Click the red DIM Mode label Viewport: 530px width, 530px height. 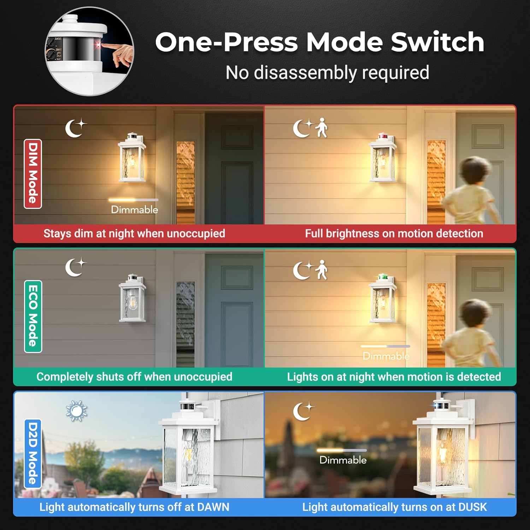click(x=33, y=173)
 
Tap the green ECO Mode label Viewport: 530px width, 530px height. click(x=33, y=316)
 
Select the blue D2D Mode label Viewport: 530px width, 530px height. click(x=33, y=453)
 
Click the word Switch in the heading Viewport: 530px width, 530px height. click(x=437, y=42)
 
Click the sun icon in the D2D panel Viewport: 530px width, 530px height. click(x=77, y=411)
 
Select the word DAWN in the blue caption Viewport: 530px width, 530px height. click(x=213, y=507)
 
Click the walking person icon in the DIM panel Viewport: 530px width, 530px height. click(x=322, y=128)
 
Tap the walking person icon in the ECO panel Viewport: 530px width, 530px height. click(x=322, y=270)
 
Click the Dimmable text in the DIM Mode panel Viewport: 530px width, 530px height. click(x=135, y=210)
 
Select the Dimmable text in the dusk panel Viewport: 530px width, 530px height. click(x=343, y=460)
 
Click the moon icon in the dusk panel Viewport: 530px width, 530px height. click(x=303, y=411)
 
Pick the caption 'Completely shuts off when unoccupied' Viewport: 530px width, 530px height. click(x=134, y=377)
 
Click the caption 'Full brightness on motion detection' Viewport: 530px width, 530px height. click(x=394, y=234)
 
